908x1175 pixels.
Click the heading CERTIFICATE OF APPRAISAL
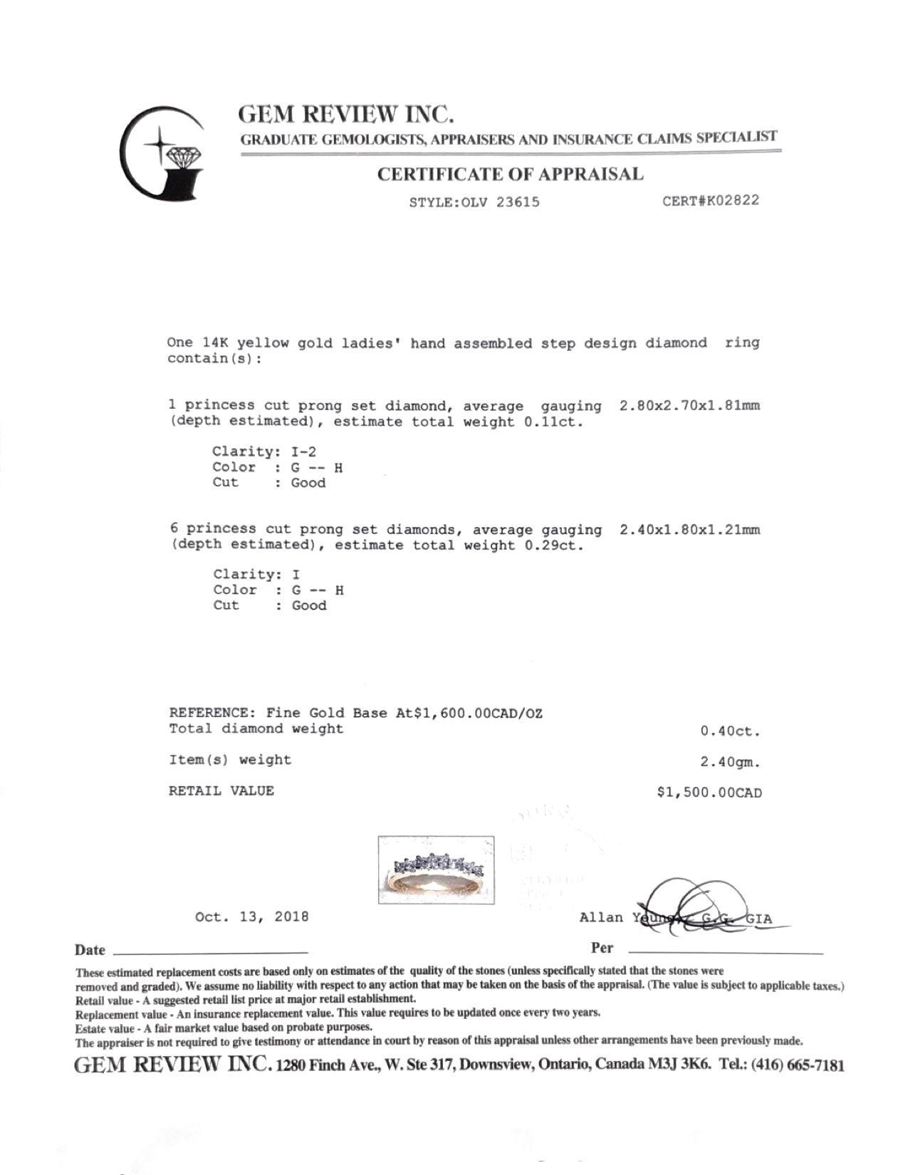pyautogui.click(x=510, y=174)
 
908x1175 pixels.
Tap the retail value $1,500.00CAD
pyautogui.click(x=709, y=793)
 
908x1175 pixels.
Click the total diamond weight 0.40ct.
pyautogui.click(x=730, y=731)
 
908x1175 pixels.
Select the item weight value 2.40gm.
pyautogui.click(x=730, y=762)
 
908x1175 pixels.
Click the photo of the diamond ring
pyautogui.click(x=436, y=869)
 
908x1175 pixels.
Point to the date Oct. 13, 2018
pyautogui.click(x=252, y=916)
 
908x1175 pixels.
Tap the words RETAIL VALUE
pyautogui.click(x=221, y=790)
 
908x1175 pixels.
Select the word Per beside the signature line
pyautogui.click(x=602, y=948)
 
